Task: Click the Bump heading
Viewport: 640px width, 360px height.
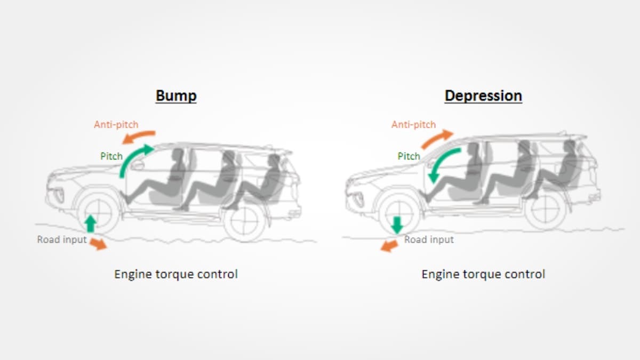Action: [x=176, y=96]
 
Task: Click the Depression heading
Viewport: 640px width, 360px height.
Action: [x=483, y=96]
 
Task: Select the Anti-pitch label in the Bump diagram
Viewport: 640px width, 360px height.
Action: [x=116, y=125]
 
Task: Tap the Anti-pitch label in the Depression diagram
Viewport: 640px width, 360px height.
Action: [x=413, y=125]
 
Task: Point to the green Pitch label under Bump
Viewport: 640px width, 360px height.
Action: [x=111, y=157]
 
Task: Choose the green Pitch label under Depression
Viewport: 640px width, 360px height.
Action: [x=409, y=156]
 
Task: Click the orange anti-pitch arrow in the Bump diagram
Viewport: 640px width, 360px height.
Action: [x=138, y=136]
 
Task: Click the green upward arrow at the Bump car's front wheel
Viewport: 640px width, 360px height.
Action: [x=91, y=223]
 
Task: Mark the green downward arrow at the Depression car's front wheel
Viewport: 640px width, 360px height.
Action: [x=396, y=225]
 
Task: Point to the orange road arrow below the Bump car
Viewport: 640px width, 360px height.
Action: [x=98, y=244]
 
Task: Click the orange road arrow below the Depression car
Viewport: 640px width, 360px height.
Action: [x=390, y=245]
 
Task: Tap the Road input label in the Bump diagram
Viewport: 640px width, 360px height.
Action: [x=62, y=239]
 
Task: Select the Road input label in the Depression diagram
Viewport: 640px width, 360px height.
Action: [x=429, y=239]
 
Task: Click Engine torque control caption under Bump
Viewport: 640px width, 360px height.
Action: [x=176, y=274]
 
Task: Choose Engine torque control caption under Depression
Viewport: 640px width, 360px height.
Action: [x=483, y=274]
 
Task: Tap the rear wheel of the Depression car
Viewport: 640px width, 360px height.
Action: [x=545, y=210]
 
